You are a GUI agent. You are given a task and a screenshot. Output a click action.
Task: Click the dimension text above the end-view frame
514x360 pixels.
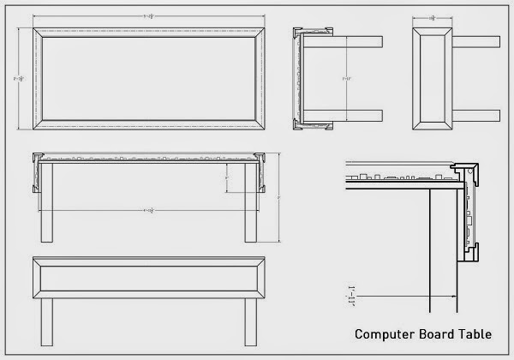coord(433,17)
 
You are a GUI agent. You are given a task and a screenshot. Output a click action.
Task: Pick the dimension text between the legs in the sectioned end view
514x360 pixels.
coord(346,79)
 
